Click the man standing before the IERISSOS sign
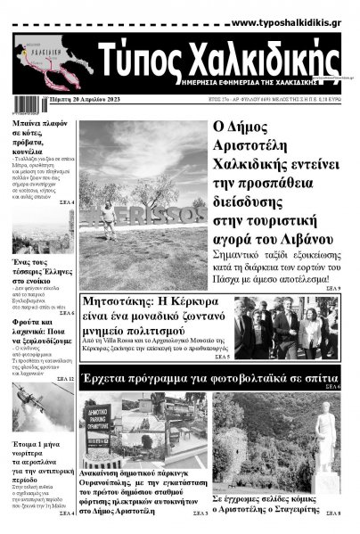pos(109,216)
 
